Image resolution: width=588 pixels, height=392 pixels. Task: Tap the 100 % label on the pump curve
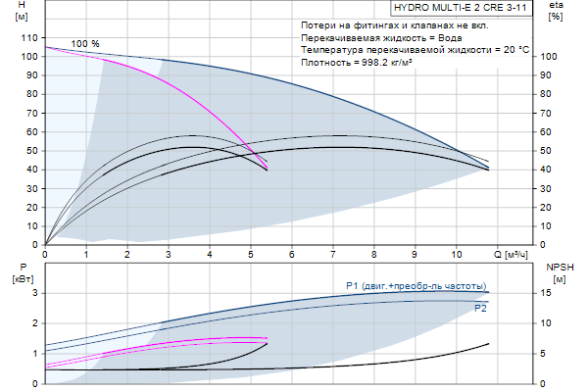coord(85,44)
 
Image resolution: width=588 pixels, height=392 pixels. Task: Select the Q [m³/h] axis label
coord(514,256)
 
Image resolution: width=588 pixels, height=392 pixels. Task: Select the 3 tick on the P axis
coord(34,293)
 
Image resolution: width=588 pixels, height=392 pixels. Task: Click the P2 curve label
coord(480,308)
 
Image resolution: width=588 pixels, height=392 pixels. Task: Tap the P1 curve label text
coord(416,285)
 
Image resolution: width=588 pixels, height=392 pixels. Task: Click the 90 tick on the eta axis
coord(550,75)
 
